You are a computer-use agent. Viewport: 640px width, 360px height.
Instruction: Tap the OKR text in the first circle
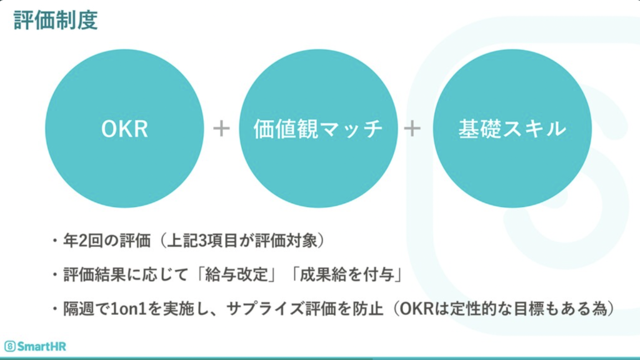point(124,129)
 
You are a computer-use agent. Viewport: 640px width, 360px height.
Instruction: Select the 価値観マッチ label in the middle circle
point(318,129)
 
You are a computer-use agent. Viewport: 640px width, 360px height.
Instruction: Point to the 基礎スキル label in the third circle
point(512,129)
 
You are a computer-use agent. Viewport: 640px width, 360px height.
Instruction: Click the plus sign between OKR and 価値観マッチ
point(221,129)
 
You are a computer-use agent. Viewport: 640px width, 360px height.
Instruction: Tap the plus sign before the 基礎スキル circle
point(412,129)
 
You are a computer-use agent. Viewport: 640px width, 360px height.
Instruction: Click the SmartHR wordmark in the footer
point(41,346)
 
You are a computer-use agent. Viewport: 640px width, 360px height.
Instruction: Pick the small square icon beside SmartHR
point(10,346)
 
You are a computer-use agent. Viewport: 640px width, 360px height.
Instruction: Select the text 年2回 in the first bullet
point(83,241)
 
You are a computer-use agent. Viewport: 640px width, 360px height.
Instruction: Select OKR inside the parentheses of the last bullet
point(416,309)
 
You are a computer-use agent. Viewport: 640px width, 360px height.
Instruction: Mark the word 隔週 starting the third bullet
point(79,309)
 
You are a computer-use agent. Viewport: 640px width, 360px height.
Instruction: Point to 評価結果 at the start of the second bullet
point(95,275)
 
